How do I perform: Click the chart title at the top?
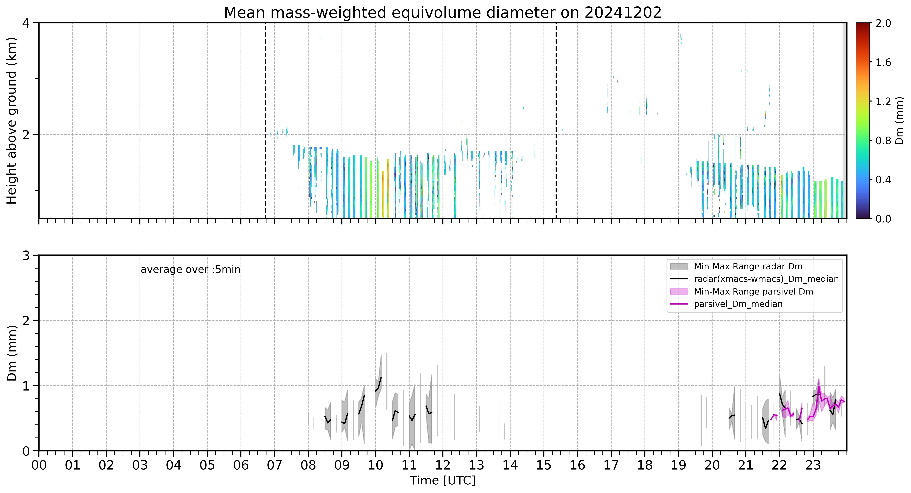click(x=442, y=13)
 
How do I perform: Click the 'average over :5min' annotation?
click(x=190, y=270)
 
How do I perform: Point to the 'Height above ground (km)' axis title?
click(x=12, y=120)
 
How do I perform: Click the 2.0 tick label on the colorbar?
click(x=883, y=23)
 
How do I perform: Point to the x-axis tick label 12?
click(x=443, y=465)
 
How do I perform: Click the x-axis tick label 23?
click(x=813, y=465)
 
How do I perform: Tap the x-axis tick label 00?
click(x=39, y=465)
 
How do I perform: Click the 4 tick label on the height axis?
click(x=26, y=23)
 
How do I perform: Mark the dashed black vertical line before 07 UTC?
click(x=266, y=120)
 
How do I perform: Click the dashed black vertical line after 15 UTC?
click(x=556, y=120)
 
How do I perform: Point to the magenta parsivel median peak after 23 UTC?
click(x=819, y=386)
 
